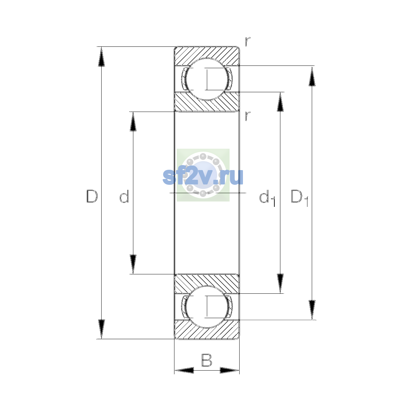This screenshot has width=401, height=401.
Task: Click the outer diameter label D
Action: pyautogui.click(x=92, y=196)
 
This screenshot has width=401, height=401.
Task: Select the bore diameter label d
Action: pyautogui.click(x=124, y=196)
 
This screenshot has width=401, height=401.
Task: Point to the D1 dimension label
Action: pyautogui.click(x=300, y=198)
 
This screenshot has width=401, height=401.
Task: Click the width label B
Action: pyautogui.click(x=207, y=360)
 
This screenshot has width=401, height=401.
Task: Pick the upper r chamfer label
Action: pyautogui.click(x=247, y=41)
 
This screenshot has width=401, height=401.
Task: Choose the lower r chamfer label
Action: pyautogui.click(x=247, y=116)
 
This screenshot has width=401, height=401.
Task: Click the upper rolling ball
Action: pyautogui.click(x=207, y=79)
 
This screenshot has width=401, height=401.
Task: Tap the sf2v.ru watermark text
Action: pyautogui.click(x=203, y=177)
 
